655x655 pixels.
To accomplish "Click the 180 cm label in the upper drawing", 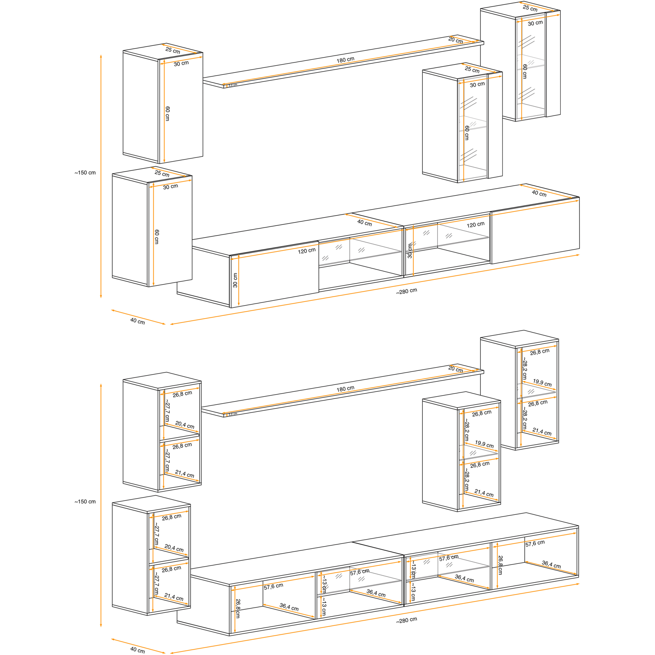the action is tap(345, 60).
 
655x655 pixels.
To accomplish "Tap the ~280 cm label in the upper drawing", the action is tap(406, 291).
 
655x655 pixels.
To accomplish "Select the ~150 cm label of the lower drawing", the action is tap(85, 502).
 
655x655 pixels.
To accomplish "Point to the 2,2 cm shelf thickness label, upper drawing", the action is tap(233, 85).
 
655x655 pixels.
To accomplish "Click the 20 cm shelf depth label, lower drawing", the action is tap(455, 369).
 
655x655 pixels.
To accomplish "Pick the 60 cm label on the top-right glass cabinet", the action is tap(524, 71).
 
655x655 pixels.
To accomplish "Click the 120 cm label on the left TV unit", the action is tap(307, 251).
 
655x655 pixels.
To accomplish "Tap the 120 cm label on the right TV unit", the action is tap(475, 225).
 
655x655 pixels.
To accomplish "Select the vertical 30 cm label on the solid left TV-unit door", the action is tap(235, 280).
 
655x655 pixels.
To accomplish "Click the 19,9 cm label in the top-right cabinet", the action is tap(542, 383).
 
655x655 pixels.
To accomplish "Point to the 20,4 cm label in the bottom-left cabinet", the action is tap(174, 548).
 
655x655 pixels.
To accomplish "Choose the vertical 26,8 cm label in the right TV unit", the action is tap(500, 565).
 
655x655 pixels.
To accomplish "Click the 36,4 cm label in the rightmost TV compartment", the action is tap(551, 565).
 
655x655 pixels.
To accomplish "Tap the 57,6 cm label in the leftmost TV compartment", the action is tap(273, 587).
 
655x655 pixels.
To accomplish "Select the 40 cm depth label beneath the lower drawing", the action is tap(137, 649).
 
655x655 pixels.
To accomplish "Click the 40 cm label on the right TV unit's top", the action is tap(539, 194).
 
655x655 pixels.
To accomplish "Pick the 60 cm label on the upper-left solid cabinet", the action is tap(167, 114).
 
